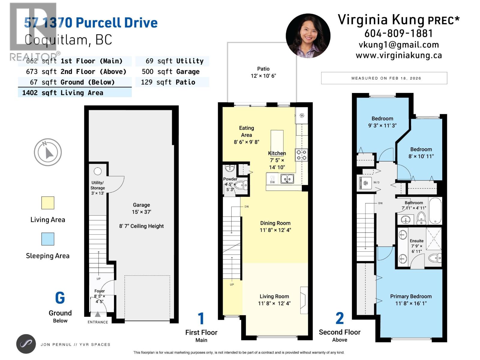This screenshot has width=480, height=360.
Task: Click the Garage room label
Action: point(141,205)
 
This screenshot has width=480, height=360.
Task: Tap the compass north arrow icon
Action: point(48,152)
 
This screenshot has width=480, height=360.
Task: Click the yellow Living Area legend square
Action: point(48,203)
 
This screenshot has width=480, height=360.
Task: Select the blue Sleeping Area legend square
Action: point(48,239)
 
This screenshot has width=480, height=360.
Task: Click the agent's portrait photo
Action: point(308,36)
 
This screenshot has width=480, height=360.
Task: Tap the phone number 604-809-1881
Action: point(398,33)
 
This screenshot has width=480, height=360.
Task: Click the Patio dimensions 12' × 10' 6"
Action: point(263,76)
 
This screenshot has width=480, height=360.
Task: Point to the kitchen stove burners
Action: point(301,155)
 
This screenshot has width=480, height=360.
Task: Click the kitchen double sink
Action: point(287,179)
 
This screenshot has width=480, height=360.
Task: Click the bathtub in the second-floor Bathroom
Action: point(435,211)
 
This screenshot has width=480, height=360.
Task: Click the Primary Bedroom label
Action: point(411,296)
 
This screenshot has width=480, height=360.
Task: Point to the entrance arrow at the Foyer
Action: point(98,314)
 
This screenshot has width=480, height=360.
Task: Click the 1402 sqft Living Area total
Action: point(63,93)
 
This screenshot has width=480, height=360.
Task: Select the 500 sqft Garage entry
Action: point(171,72)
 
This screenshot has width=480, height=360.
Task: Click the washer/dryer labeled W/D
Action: point(365,183)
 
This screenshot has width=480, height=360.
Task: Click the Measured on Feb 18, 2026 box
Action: point(384,78)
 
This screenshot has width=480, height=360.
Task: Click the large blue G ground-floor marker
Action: point(60,298)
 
